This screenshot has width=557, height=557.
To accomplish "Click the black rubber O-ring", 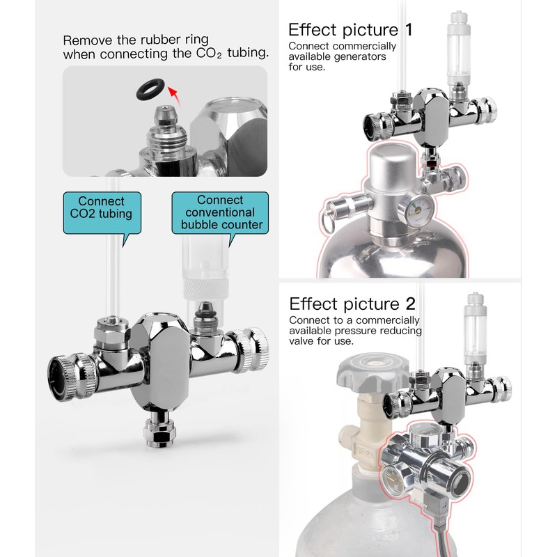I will (150, 88).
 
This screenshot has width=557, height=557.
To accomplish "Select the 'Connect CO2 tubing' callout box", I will (102, 212).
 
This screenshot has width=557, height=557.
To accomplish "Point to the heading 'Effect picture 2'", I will (353, 304).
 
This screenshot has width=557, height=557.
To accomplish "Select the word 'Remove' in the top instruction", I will (86, 40).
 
